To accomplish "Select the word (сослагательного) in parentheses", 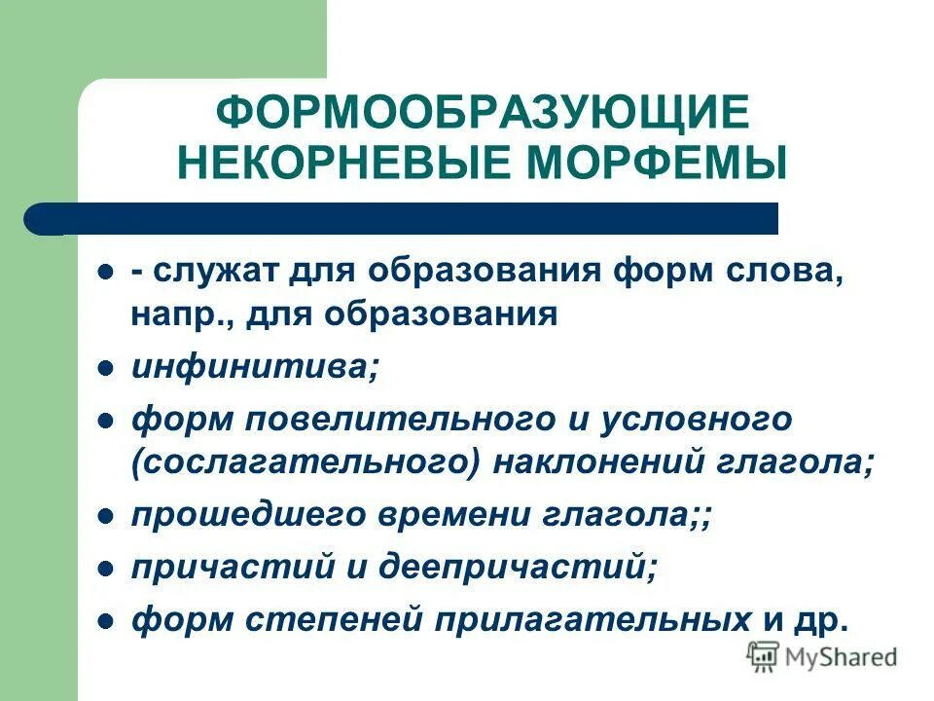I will pos(306,464).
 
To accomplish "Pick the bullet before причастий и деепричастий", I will pos(108,568).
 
